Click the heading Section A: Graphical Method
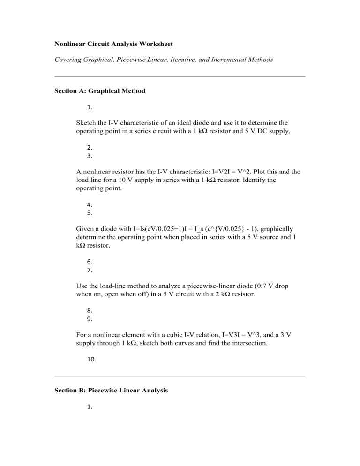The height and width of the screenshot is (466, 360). tap(100, 91)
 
